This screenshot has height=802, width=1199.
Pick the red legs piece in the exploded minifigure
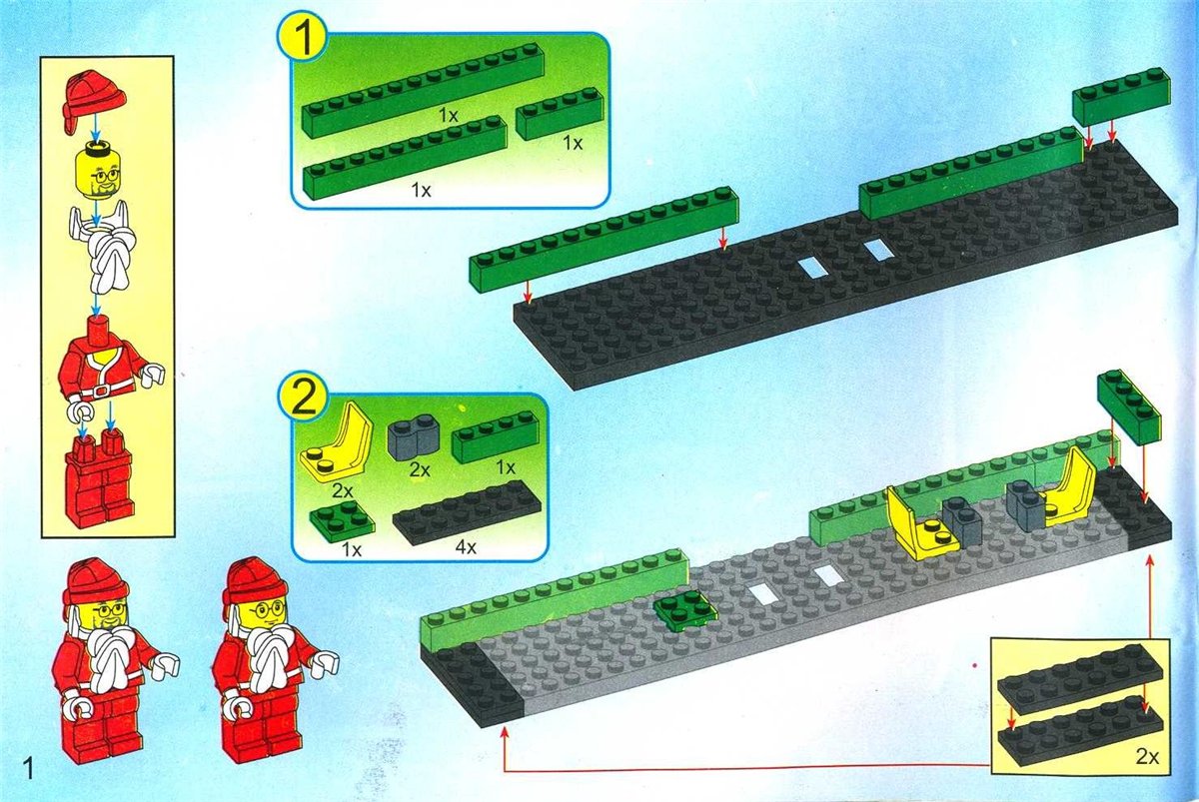point(100,477)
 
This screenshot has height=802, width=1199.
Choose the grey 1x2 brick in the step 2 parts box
point(414,438)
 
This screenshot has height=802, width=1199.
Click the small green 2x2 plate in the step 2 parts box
point(343,522)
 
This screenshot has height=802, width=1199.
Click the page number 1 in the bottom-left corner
point(27,770)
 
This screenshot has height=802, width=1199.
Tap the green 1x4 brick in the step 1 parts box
point(560,114)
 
